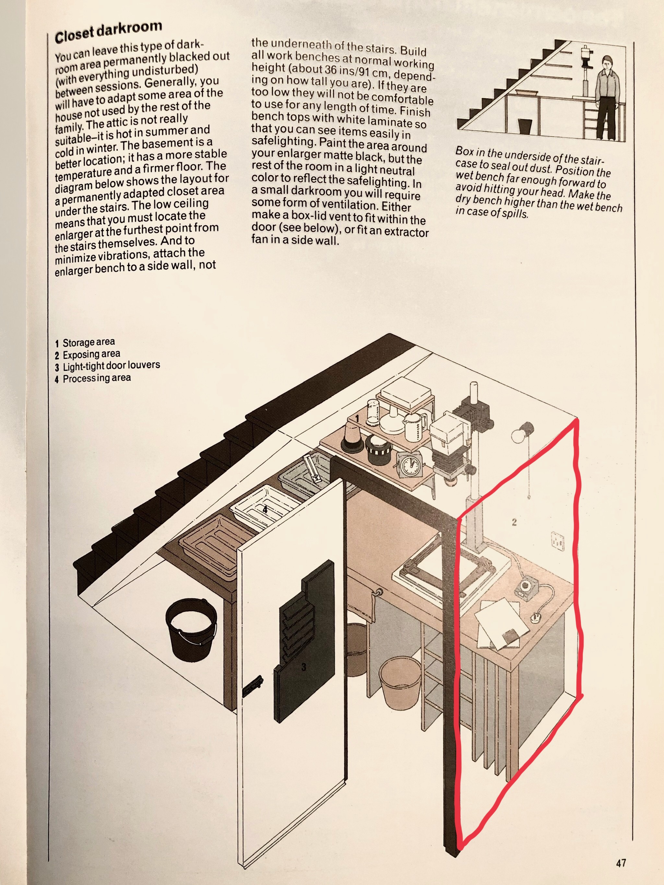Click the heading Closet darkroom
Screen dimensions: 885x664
[x=108, y=31]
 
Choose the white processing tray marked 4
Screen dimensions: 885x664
[x=264, y=510]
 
